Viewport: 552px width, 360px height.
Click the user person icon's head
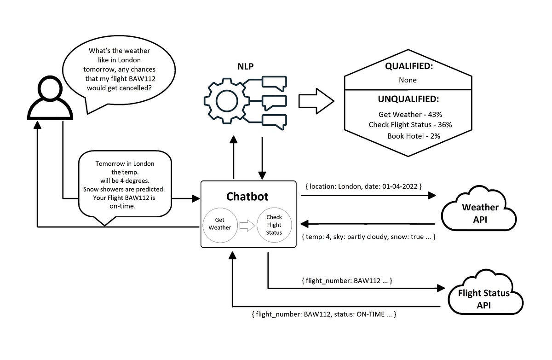pos(50,88)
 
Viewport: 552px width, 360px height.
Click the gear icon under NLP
pos(225,99)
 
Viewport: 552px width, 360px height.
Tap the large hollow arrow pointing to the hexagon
pos(316,100)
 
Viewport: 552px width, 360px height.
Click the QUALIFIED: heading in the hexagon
pos(408,66)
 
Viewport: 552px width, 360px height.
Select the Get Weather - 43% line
pos(410,114)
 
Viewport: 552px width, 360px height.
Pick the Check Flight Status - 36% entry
pos(410,125)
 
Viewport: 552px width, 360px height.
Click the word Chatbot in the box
pos(247,197)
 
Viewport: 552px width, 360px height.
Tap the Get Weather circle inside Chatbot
pos(220,224)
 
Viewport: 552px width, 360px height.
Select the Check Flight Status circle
pos(274,224)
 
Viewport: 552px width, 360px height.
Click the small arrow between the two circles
pos(247,225)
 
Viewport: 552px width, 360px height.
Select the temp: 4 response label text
pos(319,237)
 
